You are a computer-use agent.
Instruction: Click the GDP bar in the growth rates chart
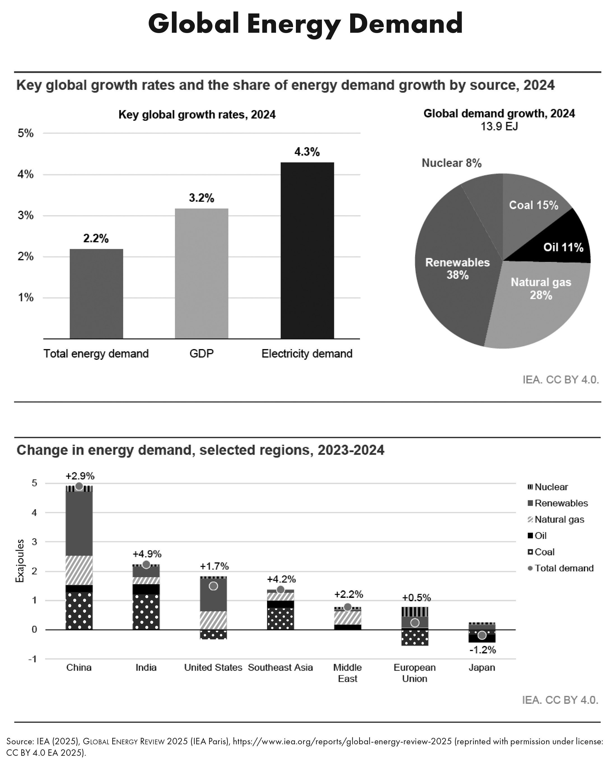pyautogui.click(x=201, y=273)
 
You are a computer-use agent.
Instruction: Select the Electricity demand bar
pyautogui.click(x=307, y=250)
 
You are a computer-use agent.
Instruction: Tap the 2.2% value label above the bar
pyautogui.click(x=96, y=238)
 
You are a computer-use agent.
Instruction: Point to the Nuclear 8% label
pyautogui.click(x=451, y=163)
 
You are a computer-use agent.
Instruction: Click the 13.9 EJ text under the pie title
pyautogui.click(x=499, y=127)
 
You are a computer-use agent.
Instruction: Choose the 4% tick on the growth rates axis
pyautogui.click(x=25, y=174)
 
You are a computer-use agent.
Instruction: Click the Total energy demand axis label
pyautogui.click(x=96, y=354)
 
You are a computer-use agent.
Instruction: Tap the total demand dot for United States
pyautogui.click(x=213, y=586)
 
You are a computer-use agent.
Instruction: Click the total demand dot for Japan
pyautogui.click(x=482, y=635)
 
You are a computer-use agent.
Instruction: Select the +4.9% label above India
pyautogui.click(x=147, y=554)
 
